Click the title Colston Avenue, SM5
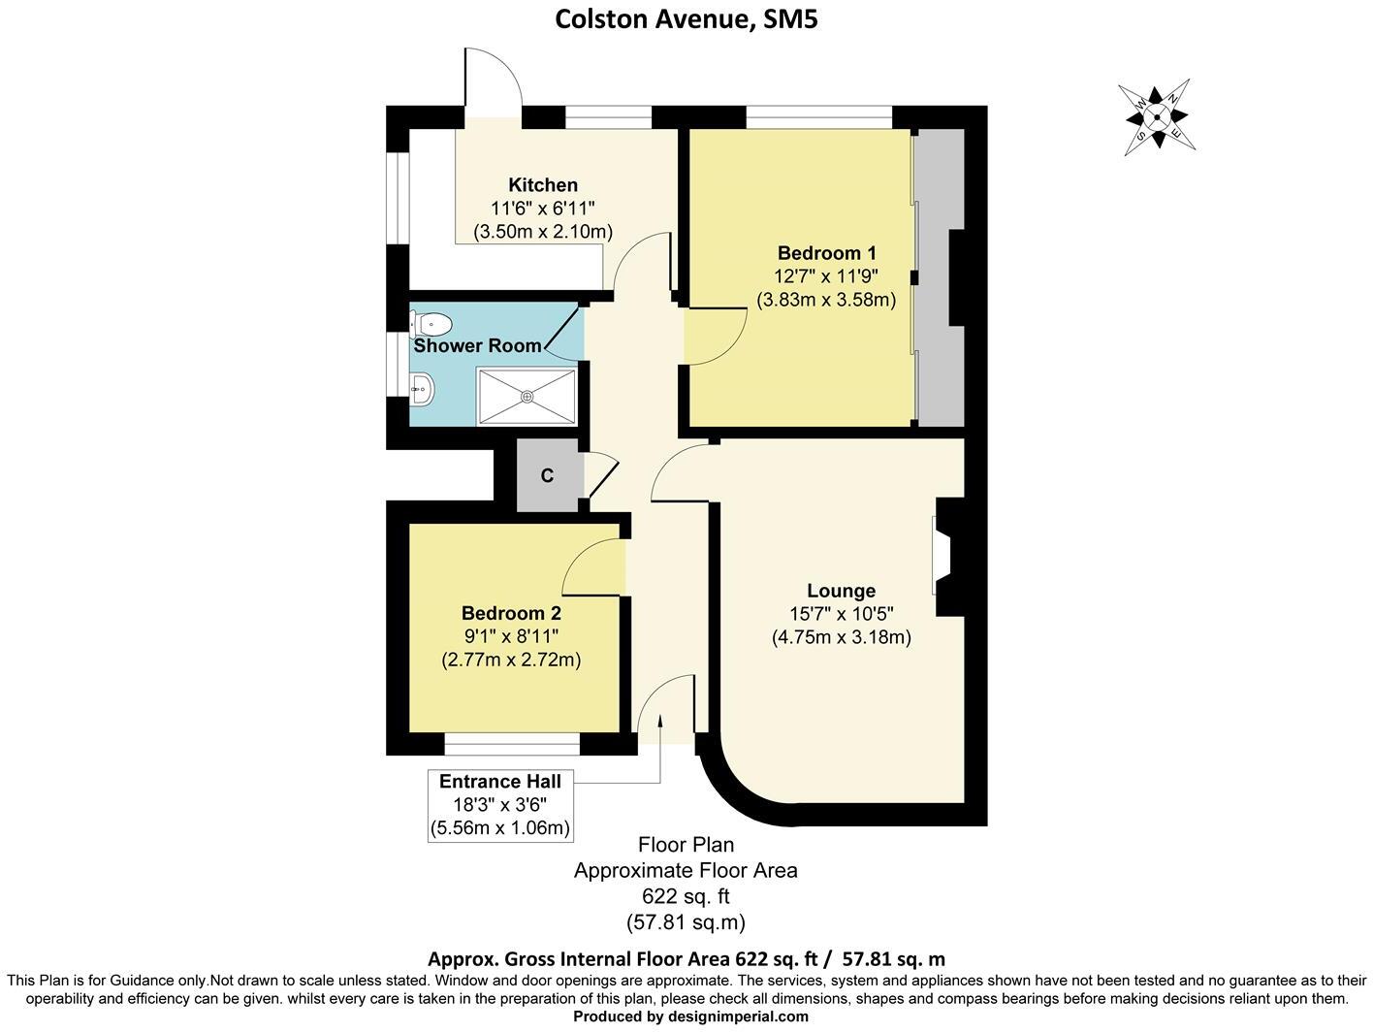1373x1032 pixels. pos(686,19)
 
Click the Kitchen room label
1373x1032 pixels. pos(543,185)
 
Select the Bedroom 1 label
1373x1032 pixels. pos(826,254)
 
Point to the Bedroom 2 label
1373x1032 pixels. pos(511,613)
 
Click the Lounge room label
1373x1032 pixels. pos(841,591)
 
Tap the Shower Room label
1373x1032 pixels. pos(477,346)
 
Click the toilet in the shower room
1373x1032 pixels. pos(430,323)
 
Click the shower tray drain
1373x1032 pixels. pos(527,396)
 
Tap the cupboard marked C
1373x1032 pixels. pos(548,476)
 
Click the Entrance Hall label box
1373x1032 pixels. pos(499,805)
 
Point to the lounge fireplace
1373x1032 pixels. pos(942,557)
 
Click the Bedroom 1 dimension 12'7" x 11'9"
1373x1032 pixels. pos(826,277)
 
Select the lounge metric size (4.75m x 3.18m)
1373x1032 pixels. pos(841,637)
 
